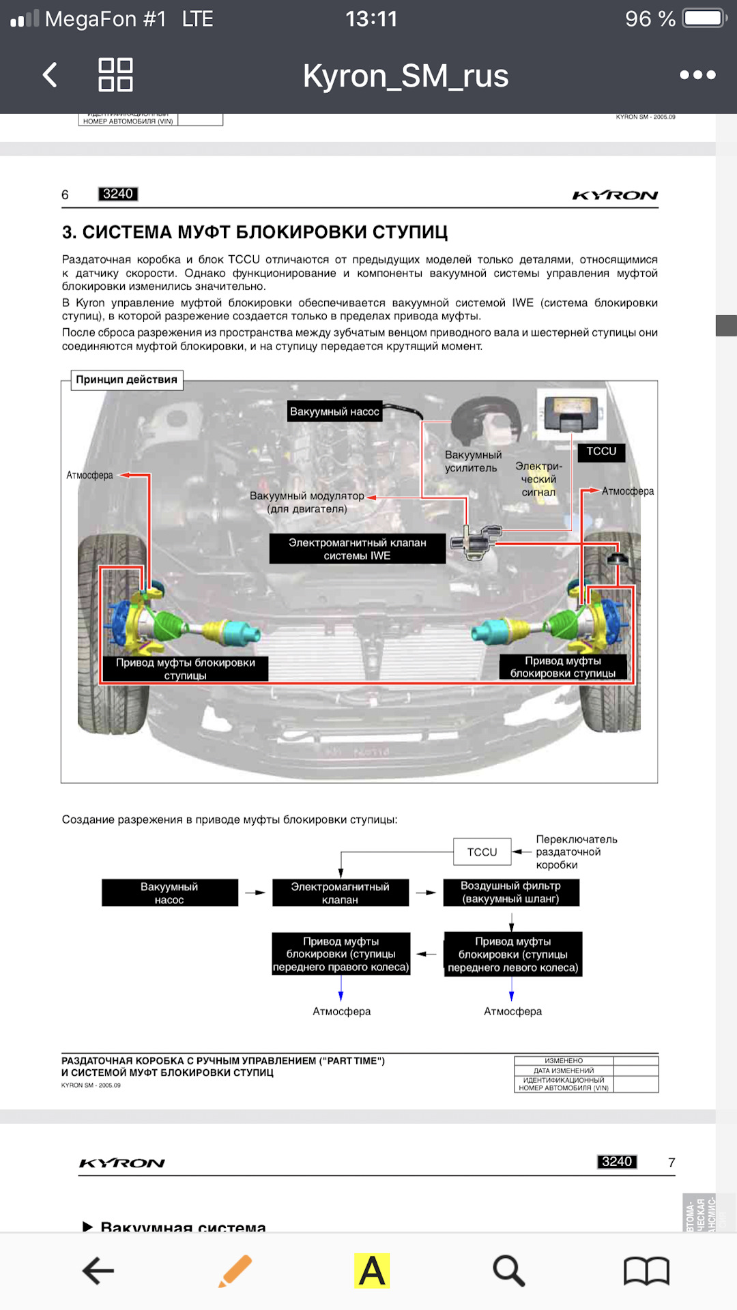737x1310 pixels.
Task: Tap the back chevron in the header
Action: click(x=50, y=75)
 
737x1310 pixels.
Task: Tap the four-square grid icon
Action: click(x=115, y=75)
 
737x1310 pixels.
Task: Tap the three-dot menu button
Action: click(x=697, y=75)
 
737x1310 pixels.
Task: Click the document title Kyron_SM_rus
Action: click(x=405, y=76)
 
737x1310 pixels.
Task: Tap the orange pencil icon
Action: click(x=235, y=1271)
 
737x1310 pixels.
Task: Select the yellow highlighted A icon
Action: click(x=372, y=1271)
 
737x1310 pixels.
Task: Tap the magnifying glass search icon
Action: click(x=508, y=1271)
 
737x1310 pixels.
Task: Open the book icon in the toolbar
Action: click(x=646, y=1271)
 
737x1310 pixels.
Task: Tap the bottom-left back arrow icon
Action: click(x=98, y=1271)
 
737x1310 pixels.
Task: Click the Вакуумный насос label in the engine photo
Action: click(x=334, y=411)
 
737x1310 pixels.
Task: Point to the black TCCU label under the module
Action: click(x=601, y=452)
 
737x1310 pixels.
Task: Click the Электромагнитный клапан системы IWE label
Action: click(x=357, y=549)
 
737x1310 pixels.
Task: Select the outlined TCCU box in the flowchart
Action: click(x=482, y=852)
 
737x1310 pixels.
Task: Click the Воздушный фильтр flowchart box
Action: click(x=510, y=892)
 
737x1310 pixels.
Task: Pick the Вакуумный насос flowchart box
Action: click(x=169, y=893)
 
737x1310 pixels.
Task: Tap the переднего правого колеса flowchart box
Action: click(x=341, y=954)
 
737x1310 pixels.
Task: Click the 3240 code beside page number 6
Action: click(x=118, y=194)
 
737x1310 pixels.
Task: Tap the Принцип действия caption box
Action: click(x=127, y=379)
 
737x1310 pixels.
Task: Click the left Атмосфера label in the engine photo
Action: click(x=90, y=476)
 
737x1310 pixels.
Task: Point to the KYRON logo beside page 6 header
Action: click(x=615, y=196)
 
